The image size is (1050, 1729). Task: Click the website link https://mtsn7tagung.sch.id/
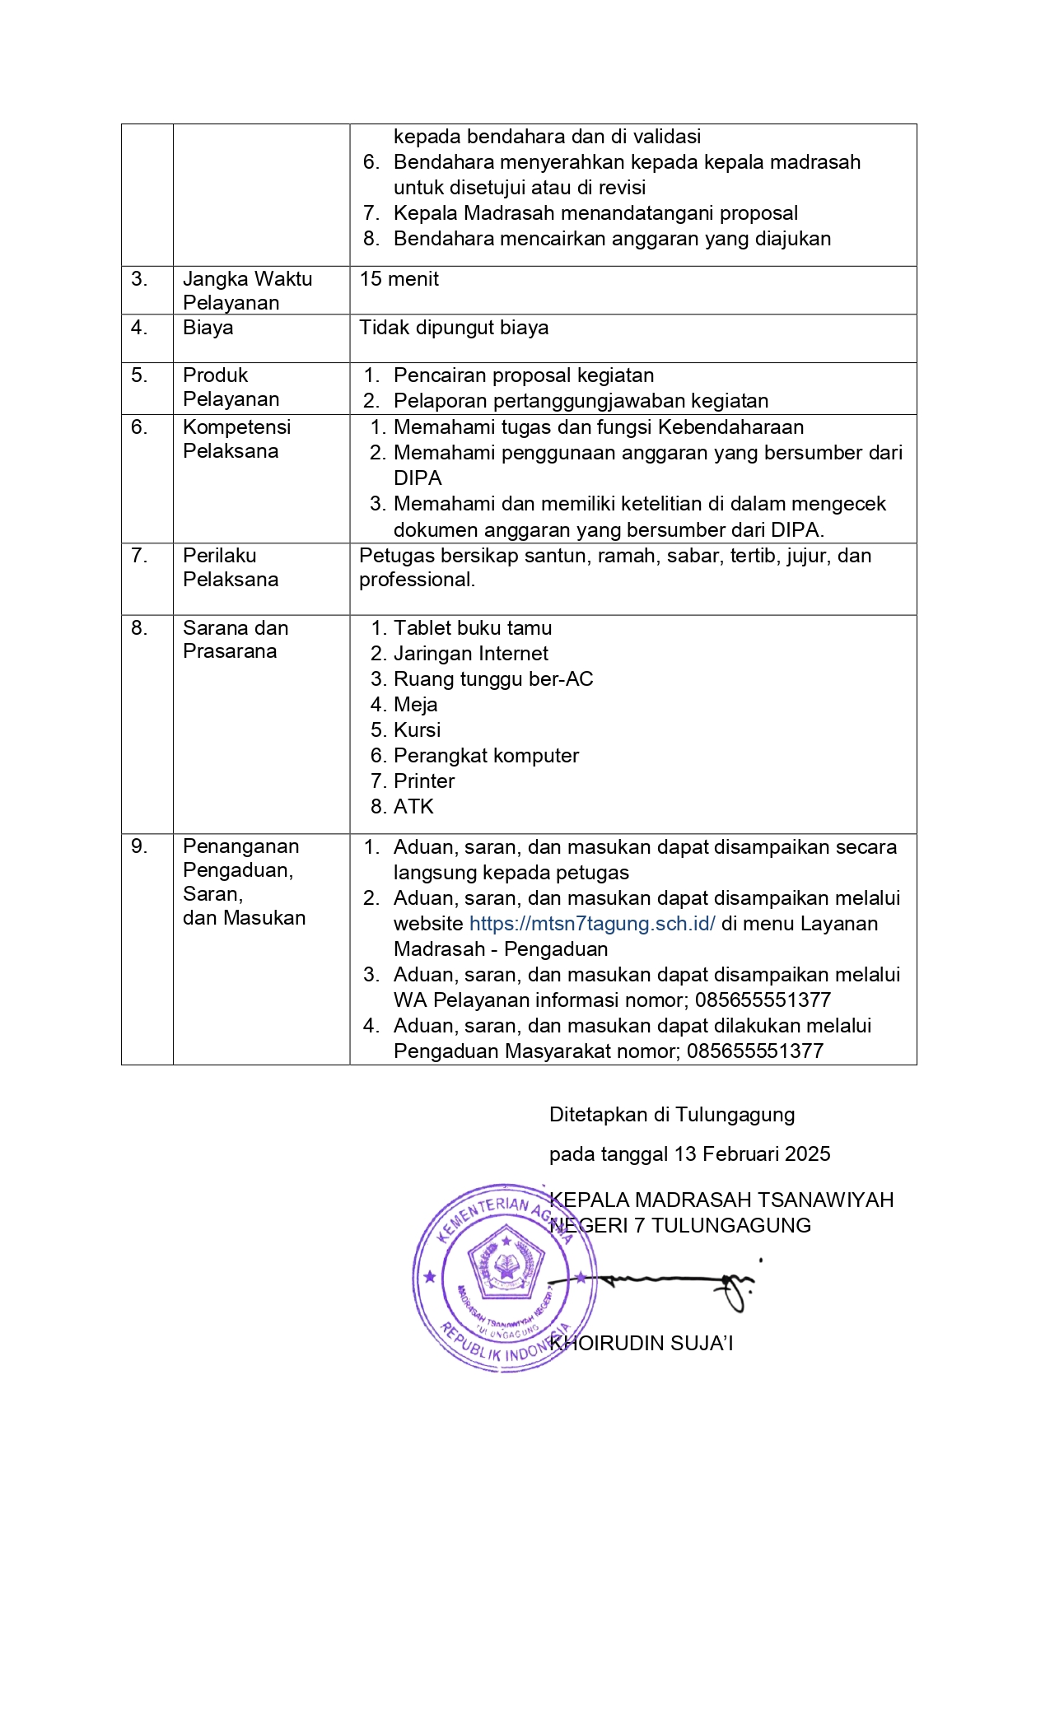(591, 924)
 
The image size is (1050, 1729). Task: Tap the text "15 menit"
(399, 279)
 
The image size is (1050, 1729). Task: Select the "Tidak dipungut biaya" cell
(454, 328)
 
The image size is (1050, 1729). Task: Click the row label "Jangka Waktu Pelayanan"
(247, 291)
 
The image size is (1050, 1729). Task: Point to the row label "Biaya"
(208, 328)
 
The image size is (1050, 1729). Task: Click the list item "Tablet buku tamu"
(472, 628)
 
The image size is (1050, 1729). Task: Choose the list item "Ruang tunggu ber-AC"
(492, 679)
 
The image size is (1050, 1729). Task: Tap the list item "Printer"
(423, 781)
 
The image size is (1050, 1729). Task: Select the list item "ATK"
(413, 807)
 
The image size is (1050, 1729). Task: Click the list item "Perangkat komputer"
(486, 756)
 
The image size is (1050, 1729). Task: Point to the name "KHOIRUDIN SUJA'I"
(642, 1344)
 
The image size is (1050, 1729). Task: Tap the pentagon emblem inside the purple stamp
(506, 1261)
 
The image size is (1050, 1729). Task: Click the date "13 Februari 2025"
(752, 1154)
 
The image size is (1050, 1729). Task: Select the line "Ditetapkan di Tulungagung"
(672, 1115)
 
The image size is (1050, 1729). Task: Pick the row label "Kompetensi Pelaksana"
(236, 439)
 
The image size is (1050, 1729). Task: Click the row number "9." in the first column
(139, 846)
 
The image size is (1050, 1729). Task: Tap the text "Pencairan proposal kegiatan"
(523, 375)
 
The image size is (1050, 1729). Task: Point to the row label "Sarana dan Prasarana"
(235, 640)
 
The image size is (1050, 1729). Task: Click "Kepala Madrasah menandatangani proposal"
(595, 213)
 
